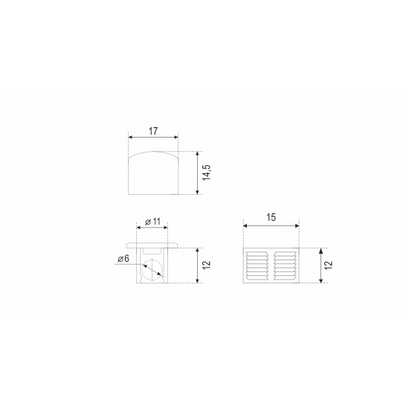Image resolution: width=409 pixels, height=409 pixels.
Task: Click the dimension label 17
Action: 153,131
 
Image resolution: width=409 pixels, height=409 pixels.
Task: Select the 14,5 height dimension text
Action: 207,173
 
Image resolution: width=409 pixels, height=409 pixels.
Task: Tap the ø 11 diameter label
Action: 152,222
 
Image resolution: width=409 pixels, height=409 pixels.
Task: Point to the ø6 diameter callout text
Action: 123,259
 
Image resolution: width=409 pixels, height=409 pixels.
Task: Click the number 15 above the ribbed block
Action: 271,217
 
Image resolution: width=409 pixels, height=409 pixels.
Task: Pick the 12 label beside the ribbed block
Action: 329,265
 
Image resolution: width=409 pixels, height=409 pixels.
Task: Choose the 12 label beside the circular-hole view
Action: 206,265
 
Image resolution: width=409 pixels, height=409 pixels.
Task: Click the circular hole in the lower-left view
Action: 152,270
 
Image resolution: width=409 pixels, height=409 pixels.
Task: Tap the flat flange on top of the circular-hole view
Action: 152,245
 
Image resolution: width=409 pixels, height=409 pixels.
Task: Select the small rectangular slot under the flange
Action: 152,251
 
